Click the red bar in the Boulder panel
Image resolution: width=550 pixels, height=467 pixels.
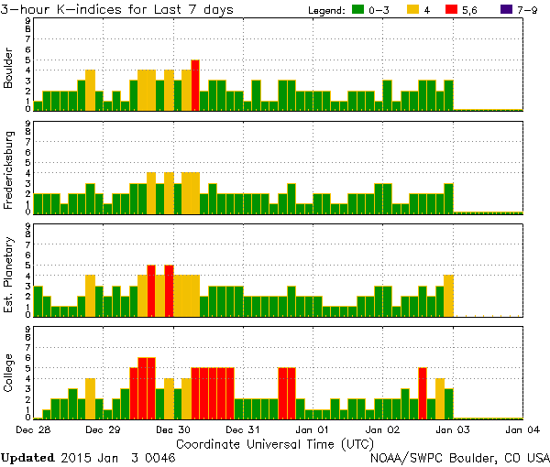pos(195,84)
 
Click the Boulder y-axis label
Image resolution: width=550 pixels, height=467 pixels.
pos(9,69)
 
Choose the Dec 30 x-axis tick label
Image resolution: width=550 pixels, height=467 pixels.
pos(172,429)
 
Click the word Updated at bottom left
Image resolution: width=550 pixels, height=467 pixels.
pos(27,455)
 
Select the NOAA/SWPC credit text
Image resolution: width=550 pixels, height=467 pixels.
pos(459,455)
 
